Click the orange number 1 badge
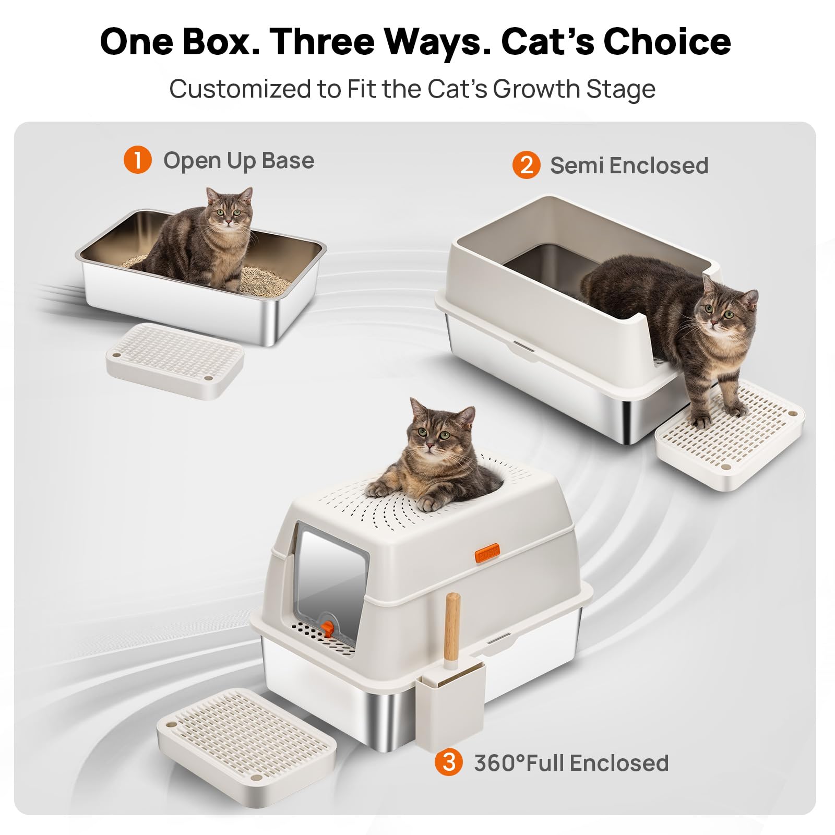[137, 160]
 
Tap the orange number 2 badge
[526, 165]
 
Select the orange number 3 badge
[448, 762]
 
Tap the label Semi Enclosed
[629, 165]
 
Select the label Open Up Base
[239, 161]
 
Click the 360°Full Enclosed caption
[571, 763]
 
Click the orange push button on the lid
[487, 552]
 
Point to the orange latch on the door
[327, 628]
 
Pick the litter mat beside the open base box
[175, 361]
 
